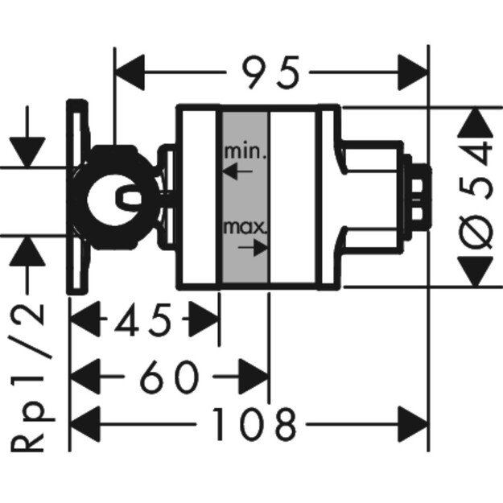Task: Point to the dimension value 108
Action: (x=254, y=423)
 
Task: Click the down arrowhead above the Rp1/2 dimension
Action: (x=29, y=149)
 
